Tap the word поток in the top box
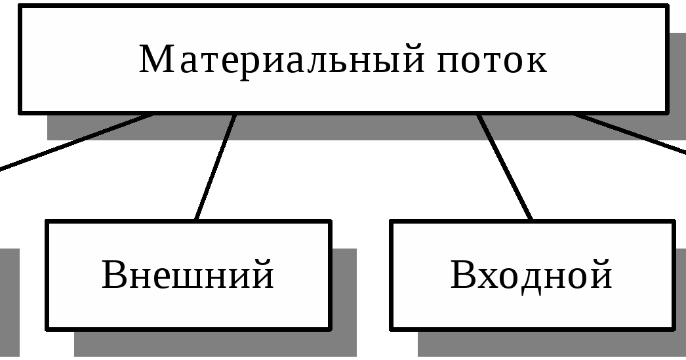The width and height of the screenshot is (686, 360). point(491,60)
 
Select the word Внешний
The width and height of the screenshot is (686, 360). point(188,275)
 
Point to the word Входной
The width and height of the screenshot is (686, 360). point(531,275)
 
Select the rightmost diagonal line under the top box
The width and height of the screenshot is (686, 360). point(616,127)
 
